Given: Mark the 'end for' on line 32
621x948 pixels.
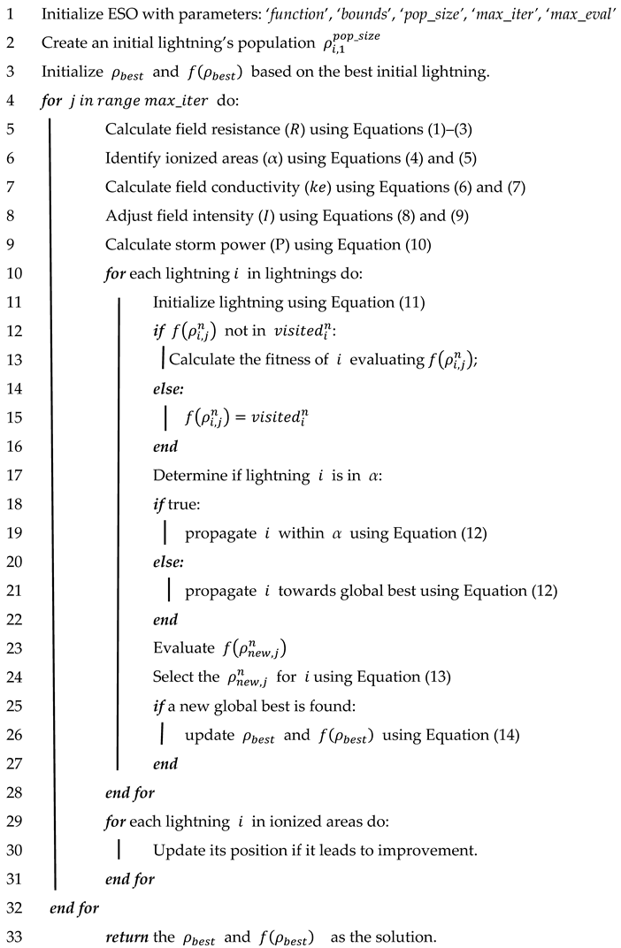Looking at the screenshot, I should point(74,908).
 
